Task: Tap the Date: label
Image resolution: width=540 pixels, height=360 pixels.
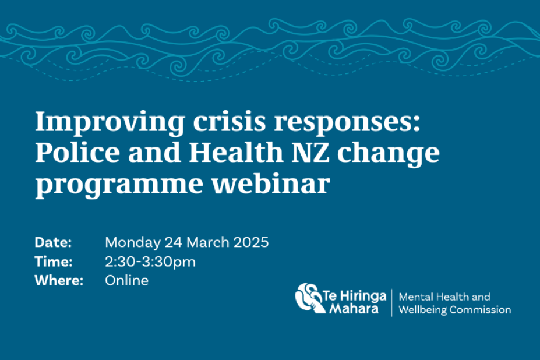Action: (53, 242)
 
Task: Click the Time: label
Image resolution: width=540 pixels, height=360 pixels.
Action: (54, 262)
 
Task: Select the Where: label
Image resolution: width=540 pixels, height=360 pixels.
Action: (59, 280)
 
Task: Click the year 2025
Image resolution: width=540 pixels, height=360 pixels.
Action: (251, 242)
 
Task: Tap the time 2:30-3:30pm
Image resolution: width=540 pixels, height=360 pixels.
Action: (150, 262)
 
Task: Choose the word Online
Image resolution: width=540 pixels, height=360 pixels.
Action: (127, 280)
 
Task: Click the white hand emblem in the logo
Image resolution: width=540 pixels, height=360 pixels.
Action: (309, 298)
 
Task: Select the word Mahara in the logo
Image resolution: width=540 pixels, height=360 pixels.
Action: (354, 308)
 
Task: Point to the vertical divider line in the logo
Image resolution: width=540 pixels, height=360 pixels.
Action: (391, 303)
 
